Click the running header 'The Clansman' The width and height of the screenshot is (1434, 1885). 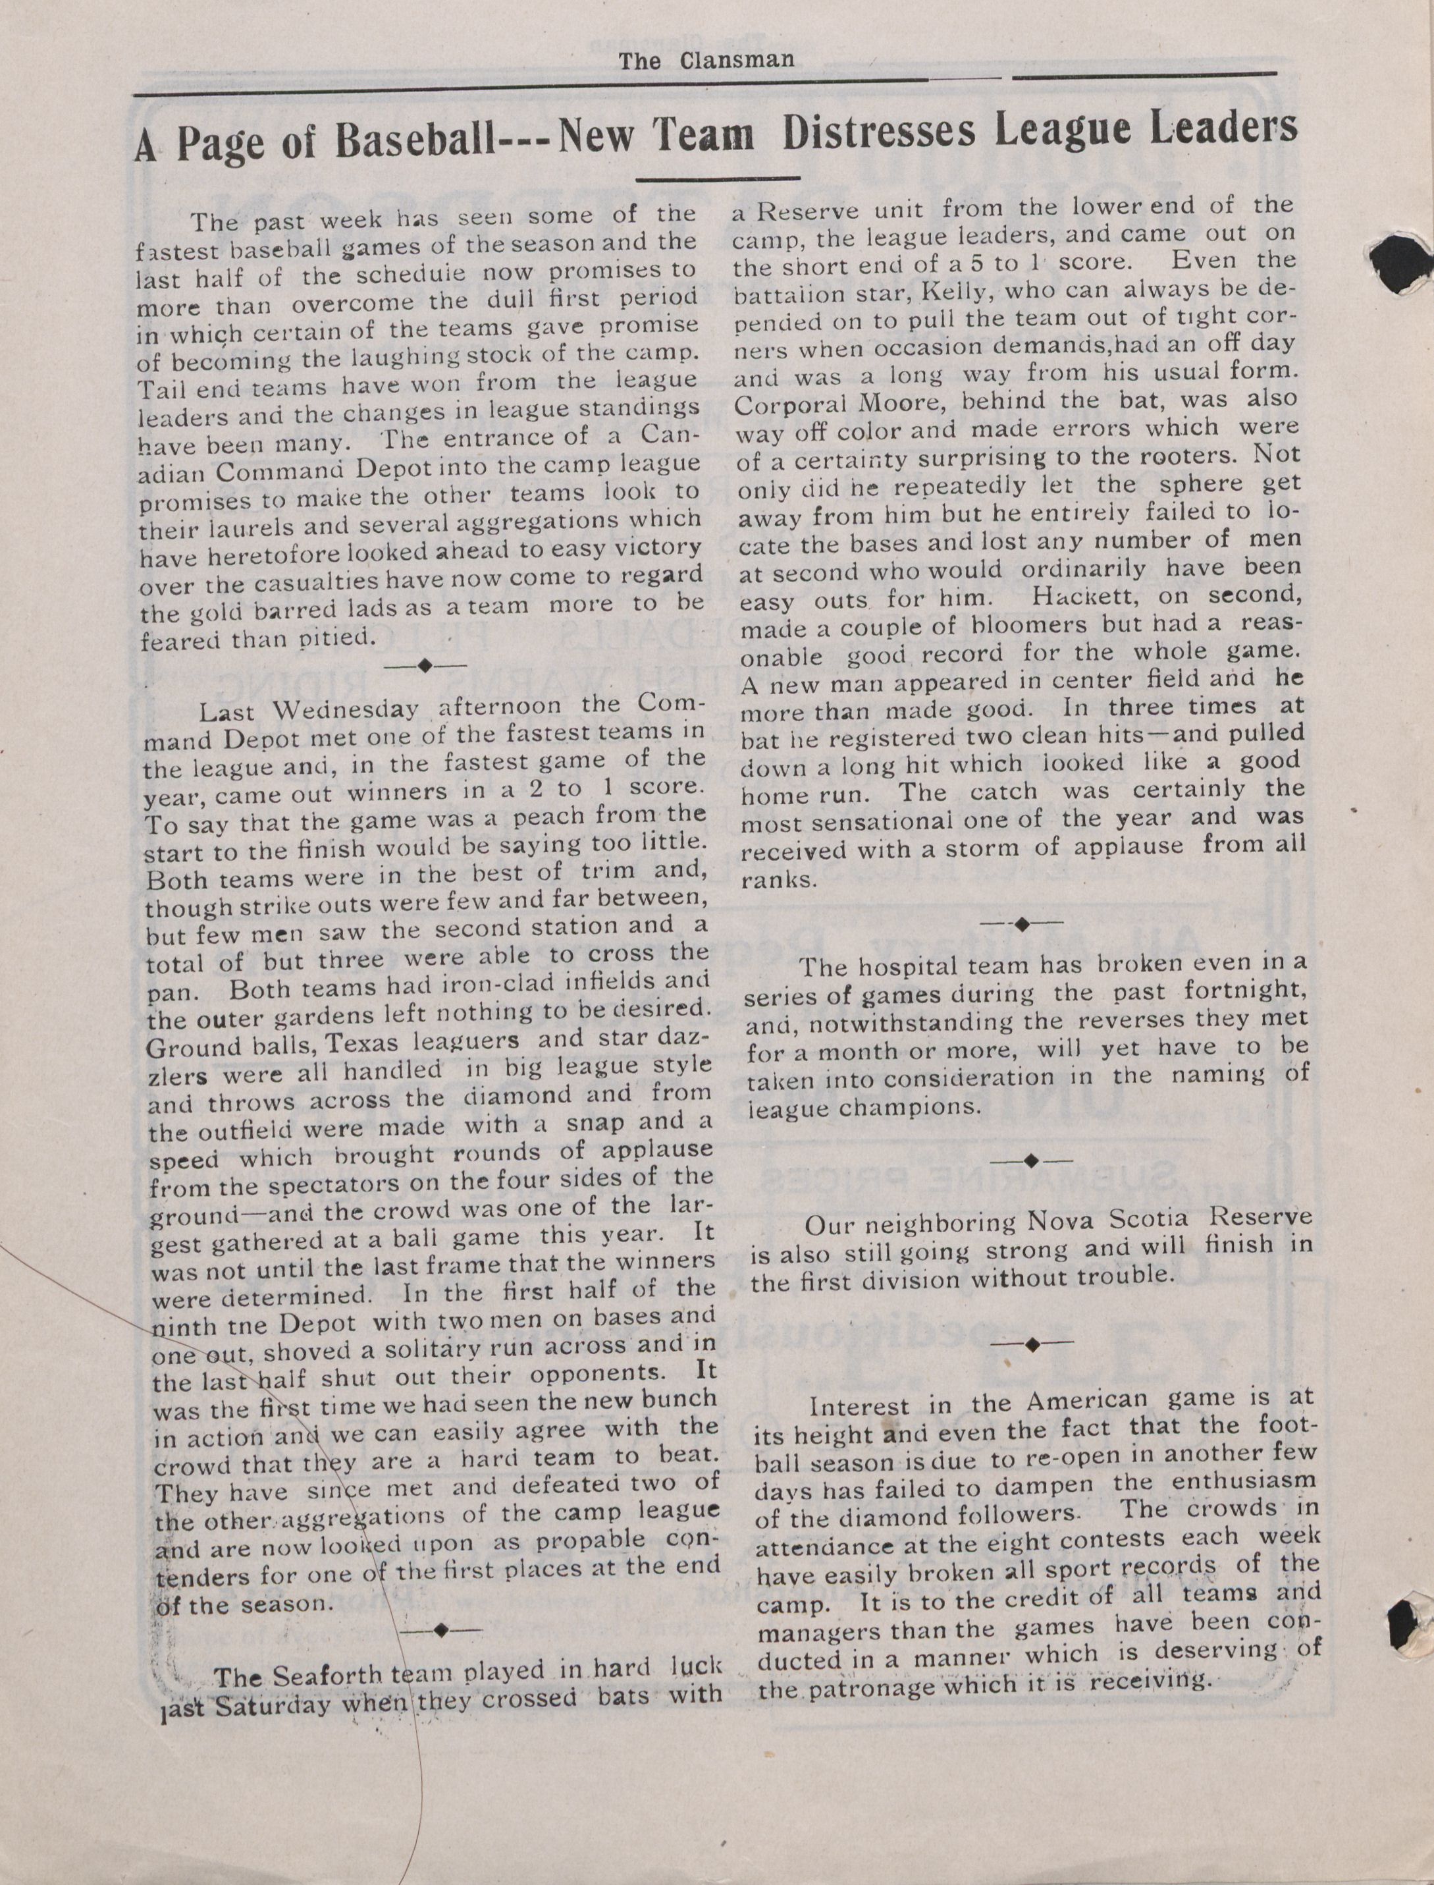[x=706, y=60]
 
